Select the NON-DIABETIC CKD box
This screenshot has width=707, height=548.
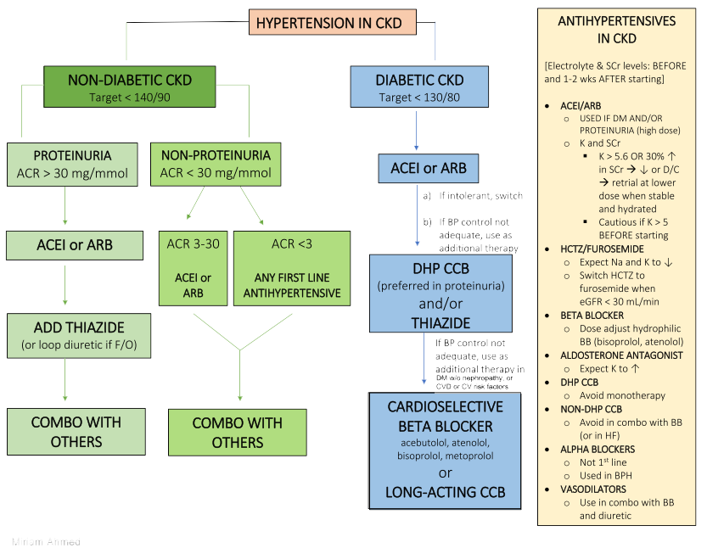[x=130, y=88]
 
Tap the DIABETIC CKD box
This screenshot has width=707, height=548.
[x=419, y=88]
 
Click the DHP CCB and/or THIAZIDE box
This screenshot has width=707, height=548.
[x=440, y=294]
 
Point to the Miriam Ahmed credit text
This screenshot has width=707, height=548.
[x=46, y=540]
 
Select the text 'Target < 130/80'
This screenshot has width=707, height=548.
[x=419, y=98]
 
